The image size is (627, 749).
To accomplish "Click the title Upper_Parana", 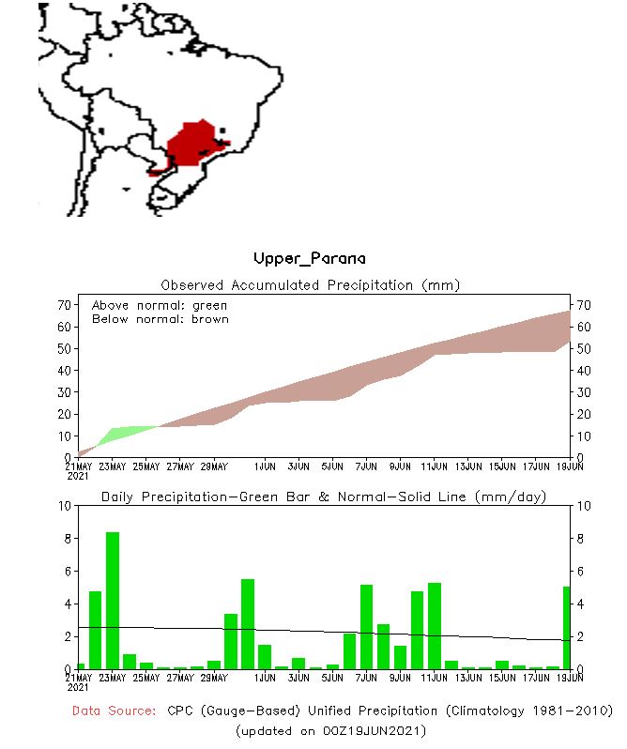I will (310, 258).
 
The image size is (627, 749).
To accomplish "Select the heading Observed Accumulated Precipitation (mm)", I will (311, 284).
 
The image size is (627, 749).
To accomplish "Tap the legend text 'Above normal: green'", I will (160, 306).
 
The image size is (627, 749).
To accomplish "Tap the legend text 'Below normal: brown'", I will (160, 319).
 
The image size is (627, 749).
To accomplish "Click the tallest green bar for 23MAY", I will (113, 601).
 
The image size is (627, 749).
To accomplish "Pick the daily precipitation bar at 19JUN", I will (567, 627).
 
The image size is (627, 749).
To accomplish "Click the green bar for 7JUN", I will (367, 626).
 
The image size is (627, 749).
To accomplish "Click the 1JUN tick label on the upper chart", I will (266, 466).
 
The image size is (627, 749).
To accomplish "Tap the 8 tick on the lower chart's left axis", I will (66, 539).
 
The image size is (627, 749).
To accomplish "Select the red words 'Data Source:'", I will (115, 711).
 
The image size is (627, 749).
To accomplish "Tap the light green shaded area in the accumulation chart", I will (122, 433).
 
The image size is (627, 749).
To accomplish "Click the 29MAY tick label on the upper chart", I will (214, 466).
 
